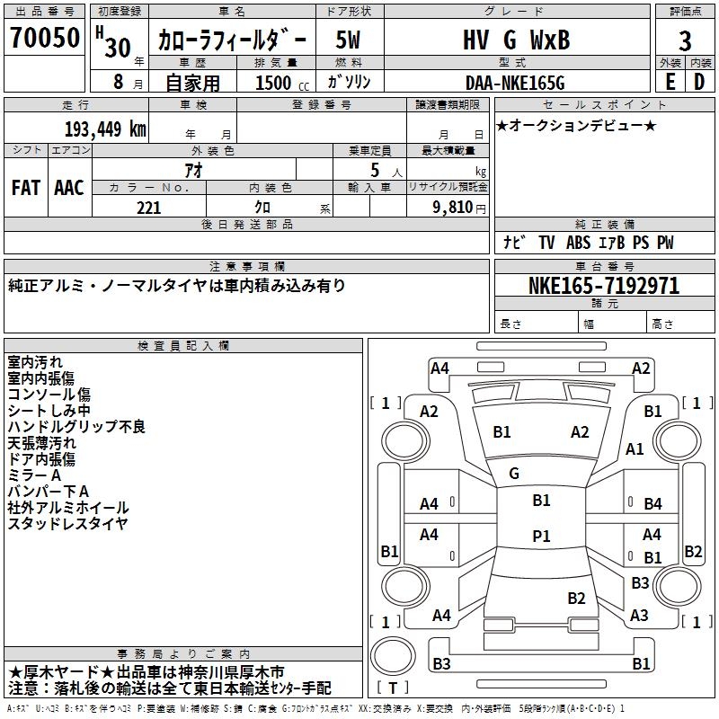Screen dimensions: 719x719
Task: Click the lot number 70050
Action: click(x=45, y=38)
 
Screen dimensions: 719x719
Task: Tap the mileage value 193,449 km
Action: click(x=105, y=129)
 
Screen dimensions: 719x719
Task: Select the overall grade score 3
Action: click(x=685, y=41)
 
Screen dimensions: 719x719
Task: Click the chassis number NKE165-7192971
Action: click(x=604, y=286)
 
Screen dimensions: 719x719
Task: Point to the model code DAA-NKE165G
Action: click(x=515, y=83)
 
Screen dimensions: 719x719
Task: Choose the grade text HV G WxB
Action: click(x=516, y=40)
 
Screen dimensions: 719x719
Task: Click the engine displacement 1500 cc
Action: click(x=282, y=83)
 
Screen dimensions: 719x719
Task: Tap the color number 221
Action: click(x=148, y=208)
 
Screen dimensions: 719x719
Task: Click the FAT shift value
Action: click(x=26, y=188)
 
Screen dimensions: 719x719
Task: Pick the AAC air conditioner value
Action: click(x=69, y=188)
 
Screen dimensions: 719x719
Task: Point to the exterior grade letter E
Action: click(x=670, y=82)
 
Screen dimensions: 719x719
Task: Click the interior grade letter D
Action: click(x=699, y=82)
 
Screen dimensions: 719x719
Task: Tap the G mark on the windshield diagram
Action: click(x=514, y=474)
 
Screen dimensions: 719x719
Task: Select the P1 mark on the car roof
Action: click(x=541, y=536)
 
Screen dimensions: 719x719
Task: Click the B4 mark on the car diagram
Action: click(x=652, y=504)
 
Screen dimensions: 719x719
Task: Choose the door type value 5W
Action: click(x=348, y=40)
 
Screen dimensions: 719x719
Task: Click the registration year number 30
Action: click(x=118, y=48)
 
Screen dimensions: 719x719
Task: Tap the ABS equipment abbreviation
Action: click(x=578, y=243)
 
